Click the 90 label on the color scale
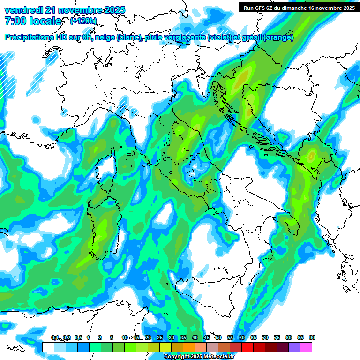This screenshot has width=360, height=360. coord(312,337)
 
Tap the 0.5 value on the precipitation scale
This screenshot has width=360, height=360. coord(78,337)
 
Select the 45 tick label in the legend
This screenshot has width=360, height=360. coord(207,337)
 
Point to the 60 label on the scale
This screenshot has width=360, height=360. coord(242,337)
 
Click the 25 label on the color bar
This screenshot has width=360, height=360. coord(160,337)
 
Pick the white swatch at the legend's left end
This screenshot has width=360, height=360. coord(48,347)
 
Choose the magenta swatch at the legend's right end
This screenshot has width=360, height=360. coord(307,347)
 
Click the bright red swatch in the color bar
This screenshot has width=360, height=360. coord(247,347)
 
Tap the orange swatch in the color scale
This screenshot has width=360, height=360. coord(189,347)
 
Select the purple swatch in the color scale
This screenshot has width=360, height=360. coord(294,347)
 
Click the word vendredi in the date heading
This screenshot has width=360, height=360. coord(24,10)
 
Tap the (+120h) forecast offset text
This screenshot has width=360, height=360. coord(83,21)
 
